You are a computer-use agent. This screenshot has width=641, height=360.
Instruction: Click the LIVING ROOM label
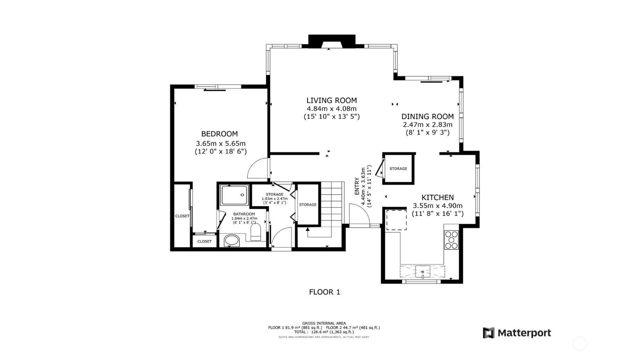tap(331, 101)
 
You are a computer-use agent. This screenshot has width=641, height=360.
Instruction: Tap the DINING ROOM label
tap(428, 117)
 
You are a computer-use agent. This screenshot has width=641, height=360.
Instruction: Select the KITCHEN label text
tap(438, 197)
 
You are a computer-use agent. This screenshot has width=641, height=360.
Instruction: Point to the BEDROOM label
tap(219, 134)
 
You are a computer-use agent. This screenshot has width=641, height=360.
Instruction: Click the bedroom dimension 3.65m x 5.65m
tap(221, 143)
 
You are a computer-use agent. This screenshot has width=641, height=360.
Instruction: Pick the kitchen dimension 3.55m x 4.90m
tap(438, 206)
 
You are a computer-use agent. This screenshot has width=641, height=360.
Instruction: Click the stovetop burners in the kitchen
tap(451, 240)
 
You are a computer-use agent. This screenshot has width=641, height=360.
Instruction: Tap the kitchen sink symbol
tap(422, 272)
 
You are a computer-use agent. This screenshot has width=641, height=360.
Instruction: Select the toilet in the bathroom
tap(256, 232)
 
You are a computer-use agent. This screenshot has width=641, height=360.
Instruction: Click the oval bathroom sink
tap(231, 240)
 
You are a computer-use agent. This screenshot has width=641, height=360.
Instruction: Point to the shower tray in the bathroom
tap(235, 195)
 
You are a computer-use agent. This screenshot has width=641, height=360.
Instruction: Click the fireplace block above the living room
tap(332, 41)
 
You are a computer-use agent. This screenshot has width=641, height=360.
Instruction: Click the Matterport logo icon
tap(489, 333)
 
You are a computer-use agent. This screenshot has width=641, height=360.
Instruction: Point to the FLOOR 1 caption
tap(324, 292)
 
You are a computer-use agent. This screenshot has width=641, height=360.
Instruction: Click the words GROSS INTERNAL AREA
tap(324, 323)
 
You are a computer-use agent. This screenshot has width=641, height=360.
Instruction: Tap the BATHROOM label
tap(244, 214)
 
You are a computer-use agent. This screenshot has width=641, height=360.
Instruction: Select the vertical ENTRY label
tap(357, 186)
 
